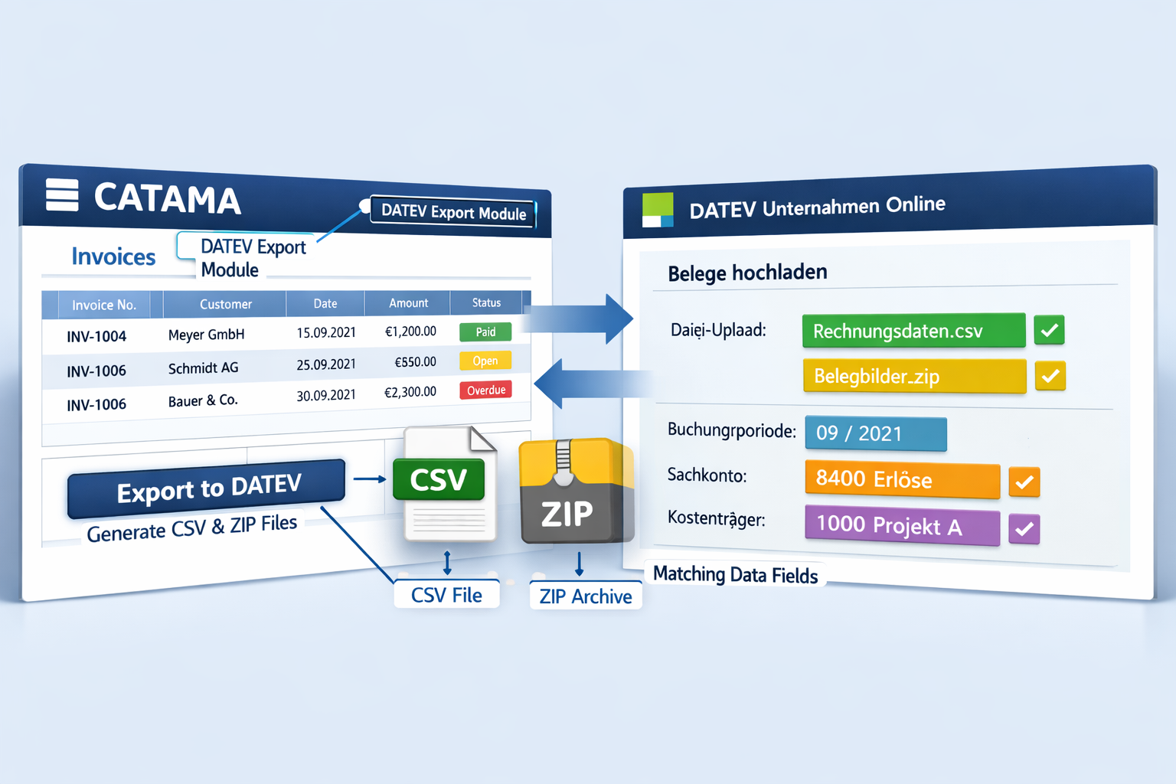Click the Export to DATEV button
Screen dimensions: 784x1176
point(207,488)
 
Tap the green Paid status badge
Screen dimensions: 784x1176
point(485,332)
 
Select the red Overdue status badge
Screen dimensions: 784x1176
point(485,390)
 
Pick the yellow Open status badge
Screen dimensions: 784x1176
point(485,361)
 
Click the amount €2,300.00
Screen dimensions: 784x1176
point(410,392)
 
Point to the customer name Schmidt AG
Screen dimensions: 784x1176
point(203,368)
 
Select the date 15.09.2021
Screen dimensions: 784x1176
point(326,332)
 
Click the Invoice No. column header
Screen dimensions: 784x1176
point(103,305)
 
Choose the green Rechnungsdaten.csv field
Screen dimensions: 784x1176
point(913,331)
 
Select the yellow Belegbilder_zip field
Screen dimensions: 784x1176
point(914,376)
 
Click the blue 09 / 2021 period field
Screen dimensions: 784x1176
point(875,433)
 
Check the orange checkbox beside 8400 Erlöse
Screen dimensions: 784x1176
point(1024,482)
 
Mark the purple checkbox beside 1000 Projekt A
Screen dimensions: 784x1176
point(1024,528)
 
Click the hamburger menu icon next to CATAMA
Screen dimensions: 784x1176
point(62,194)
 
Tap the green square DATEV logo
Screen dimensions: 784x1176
point(658,210)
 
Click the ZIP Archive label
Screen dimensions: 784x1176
point(586,596)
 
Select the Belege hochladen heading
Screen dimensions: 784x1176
point(747,273)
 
